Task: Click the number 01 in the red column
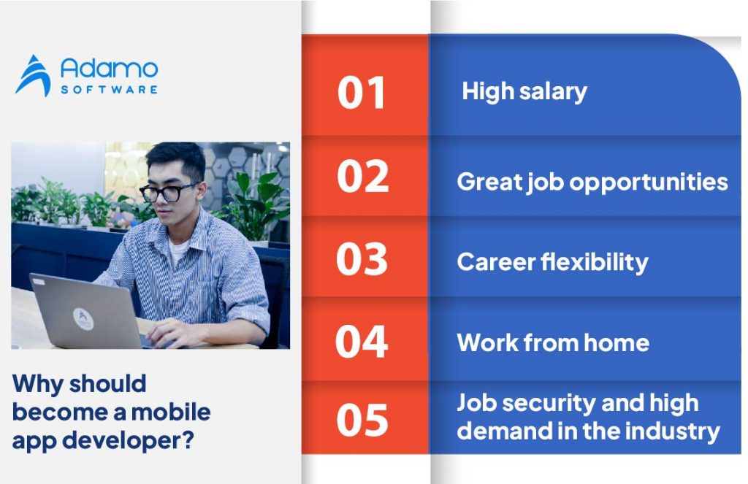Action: (x=362, y=93)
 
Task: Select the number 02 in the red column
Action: (x=362, y=176)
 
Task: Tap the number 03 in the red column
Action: (x=362, y=258)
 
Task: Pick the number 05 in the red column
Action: (x=362, y=420)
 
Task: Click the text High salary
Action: (x=524, y=92)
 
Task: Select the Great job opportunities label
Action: (x=592, y=182)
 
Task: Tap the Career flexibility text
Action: (x=552, y=262)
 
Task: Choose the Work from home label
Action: (x=553, y=342)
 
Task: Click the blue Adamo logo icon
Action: (x=33, y=76)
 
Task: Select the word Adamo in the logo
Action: (x=109, y=70)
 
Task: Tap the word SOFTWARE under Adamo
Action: (x=109, y=89)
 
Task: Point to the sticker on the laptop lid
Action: (x=83, y=318)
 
